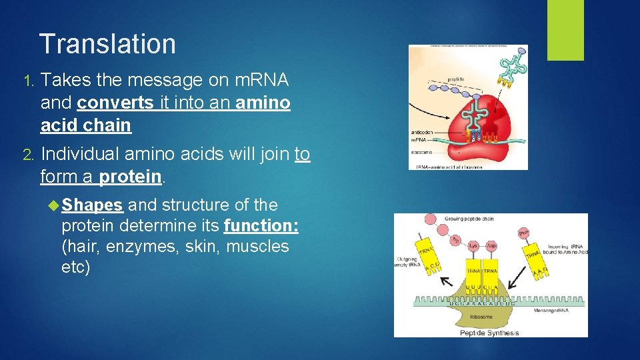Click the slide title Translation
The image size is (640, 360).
tap(107, 44)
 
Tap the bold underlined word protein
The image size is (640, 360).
tap(130, 177)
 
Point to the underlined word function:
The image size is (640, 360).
tap(261, 225)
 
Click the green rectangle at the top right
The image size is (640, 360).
tap(565, 30)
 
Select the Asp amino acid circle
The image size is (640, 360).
tap(491, 246)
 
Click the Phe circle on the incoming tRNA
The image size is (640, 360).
tap(524, 233)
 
